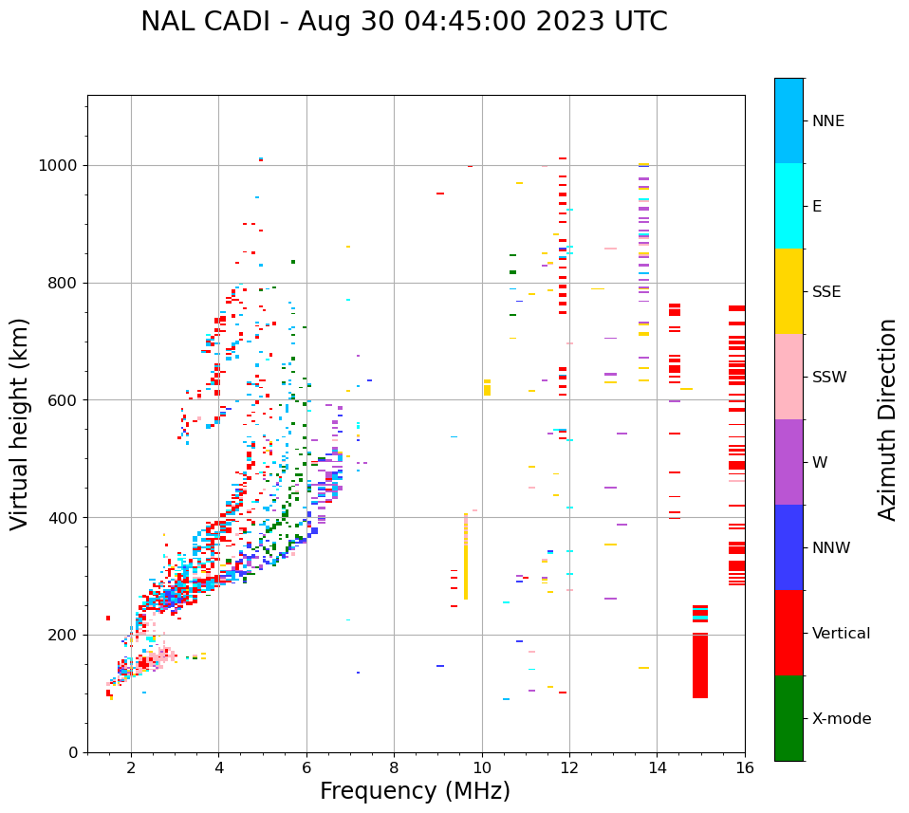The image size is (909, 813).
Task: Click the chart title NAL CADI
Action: [404, 22]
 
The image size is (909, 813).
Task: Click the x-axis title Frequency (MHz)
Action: [415, 791]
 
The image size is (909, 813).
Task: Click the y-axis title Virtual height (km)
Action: [20, 424]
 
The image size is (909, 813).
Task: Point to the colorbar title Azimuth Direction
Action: [887, 419]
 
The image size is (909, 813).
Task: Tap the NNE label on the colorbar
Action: [827, 121]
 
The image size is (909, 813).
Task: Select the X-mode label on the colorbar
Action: [841, 719]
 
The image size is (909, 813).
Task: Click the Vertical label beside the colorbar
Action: [841, 634]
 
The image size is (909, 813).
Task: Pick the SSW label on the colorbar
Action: [828, 378]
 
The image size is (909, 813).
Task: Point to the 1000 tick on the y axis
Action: [62, 165]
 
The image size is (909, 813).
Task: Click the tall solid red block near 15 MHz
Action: [700, 664]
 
